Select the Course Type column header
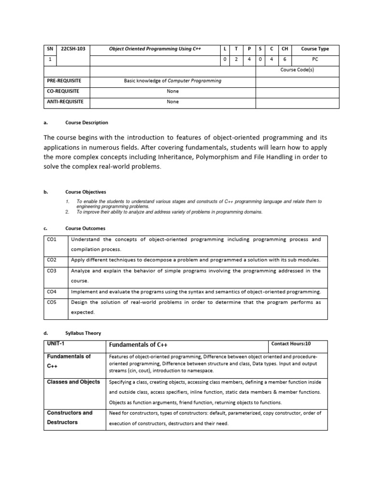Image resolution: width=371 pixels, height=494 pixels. click(314, 49)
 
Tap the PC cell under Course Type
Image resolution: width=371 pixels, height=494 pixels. click(314, 59)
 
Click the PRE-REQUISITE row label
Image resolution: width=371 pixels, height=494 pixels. click(64, 81)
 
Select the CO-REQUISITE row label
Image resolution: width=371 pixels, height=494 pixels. click(63, 91)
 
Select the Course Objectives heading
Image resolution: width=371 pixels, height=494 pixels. click(86, 192)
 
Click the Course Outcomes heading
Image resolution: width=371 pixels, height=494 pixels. click(85, 228)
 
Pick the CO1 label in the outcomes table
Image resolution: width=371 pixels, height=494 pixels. click(52, 239)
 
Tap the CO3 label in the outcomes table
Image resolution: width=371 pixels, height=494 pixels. click(52, 271)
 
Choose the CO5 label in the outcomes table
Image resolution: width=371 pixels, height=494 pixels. click(52, 302)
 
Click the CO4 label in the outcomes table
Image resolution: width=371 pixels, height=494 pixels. click(52, 292)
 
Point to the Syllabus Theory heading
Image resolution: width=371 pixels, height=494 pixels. click(84, 333)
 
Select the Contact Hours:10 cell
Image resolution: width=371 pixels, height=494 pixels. click(291, 344)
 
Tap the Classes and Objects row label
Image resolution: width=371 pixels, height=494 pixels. click(73, 382)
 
